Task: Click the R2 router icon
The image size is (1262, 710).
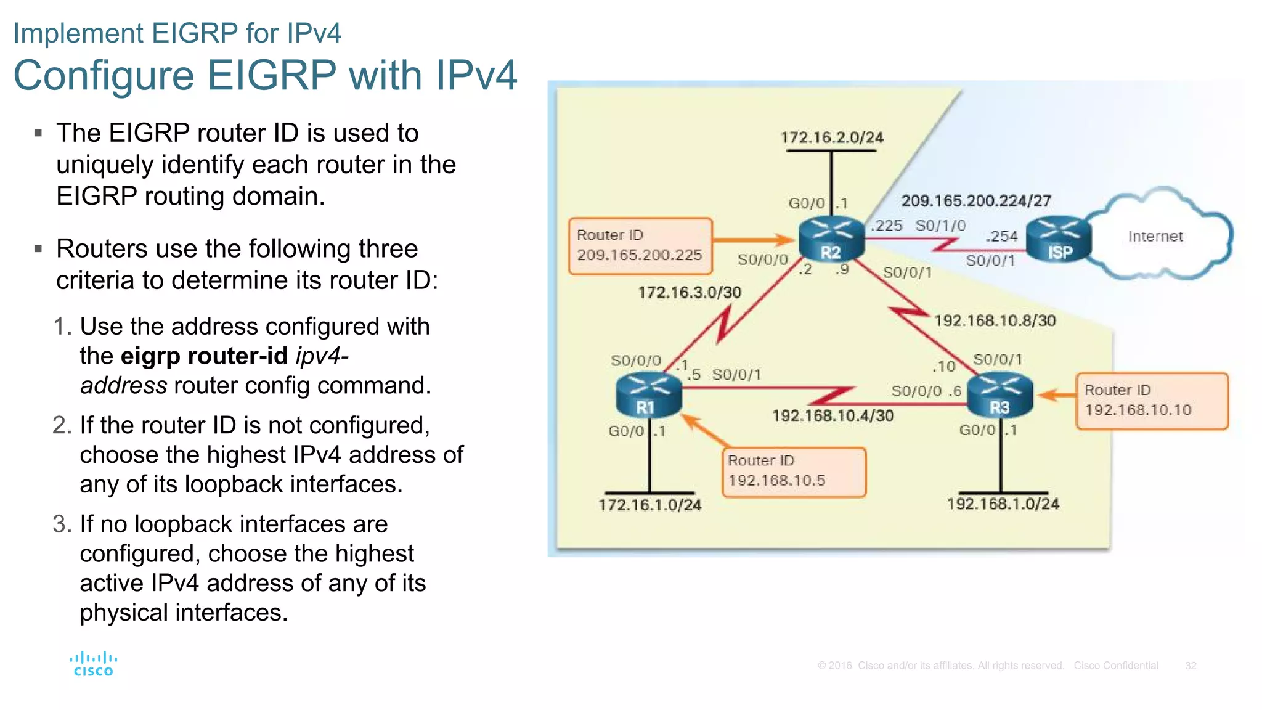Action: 831,240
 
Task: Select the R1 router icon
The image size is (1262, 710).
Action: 648,396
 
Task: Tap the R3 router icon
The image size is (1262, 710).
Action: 999,396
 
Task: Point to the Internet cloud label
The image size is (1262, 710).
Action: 1155,236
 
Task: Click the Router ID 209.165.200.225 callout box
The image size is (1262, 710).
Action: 640,246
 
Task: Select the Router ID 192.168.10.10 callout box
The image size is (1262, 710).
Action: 1151,401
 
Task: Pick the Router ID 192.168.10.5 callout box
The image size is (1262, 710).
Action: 794,471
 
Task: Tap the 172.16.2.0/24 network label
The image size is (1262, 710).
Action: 831,137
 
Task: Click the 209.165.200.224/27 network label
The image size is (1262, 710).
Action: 976,200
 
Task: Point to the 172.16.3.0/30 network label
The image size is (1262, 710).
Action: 690,292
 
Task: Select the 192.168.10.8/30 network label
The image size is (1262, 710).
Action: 995,320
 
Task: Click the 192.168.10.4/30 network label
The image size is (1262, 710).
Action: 833,415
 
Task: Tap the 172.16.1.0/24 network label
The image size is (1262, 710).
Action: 649,505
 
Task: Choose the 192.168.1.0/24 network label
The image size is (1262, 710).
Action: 1003,504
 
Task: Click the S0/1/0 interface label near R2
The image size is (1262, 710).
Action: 940,226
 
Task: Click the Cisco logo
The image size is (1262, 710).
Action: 93,664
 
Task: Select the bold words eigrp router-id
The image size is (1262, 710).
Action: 204,356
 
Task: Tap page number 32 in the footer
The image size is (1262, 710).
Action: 1191,666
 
